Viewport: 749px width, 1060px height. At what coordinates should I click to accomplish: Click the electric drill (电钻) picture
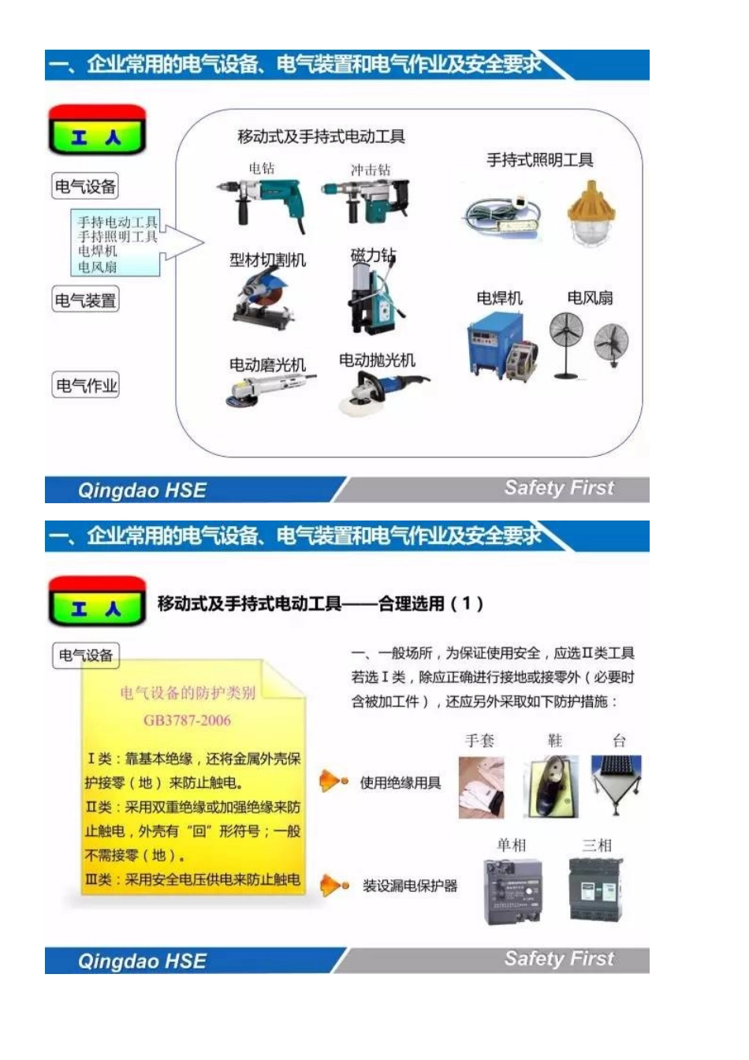pos(261,201)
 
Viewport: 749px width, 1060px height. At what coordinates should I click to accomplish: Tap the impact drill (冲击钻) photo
pos(367,200)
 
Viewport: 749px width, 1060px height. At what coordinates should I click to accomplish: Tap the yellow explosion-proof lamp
pos(591,212)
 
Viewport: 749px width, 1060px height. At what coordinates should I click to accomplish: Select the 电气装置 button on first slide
pos(85,300)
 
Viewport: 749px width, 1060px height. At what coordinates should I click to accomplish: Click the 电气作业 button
pos(86,386)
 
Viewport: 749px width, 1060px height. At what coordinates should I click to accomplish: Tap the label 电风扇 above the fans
pos(590,298)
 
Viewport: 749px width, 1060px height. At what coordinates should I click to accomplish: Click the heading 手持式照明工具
pos(539,160)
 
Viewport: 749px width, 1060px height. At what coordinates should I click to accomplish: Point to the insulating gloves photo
pos(481,786)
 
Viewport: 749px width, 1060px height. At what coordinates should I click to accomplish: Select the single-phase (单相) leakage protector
pos(512,891)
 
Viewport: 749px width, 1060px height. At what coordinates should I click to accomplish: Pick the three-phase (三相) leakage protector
pos(597,890)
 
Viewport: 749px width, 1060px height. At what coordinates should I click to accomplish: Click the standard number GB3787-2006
pos(187,720)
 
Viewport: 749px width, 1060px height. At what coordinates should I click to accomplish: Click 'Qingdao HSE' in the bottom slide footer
pos(142,961)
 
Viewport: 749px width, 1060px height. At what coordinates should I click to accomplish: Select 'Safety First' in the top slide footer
pos(558,488)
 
